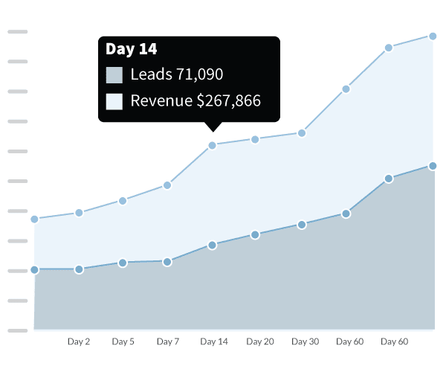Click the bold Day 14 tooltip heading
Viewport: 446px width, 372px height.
point(131,50)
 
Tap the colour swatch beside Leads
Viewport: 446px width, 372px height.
point(114,75)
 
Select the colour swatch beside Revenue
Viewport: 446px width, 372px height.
point(114,100)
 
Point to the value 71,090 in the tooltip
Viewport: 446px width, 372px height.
point(199,75)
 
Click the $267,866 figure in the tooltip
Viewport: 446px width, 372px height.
point(228,100)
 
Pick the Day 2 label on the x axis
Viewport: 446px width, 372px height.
point(79,341)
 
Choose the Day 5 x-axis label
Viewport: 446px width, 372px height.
point(123,341)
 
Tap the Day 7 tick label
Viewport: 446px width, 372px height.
point(168,341)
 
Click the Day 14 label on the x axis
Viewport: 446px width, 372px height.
point(214,341)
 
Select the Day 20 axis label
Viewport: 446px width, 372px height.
point(260,341)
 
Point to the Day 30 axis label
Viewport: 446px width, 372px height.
point(305,341)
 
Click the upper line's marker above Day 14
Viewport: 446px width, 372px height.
point(213,145)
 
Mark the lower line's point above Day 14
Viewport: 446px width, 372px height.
point(213,245)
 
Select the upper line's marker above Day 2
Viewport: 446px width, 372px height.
point(79,213)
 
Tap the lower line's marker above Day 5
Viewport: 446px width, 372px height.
point(123,263)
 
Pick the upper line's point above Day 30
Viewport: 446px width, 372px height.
point(302,133)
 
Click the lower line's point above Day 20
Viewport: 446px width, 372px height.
point(255,234)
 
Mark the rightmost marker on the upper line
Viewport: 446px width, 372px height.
point(432,36)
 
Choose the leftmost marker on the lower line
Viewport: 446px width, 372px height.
point(34,269)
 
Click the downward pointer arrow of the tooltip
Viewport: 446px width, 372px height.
point(213,126)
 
